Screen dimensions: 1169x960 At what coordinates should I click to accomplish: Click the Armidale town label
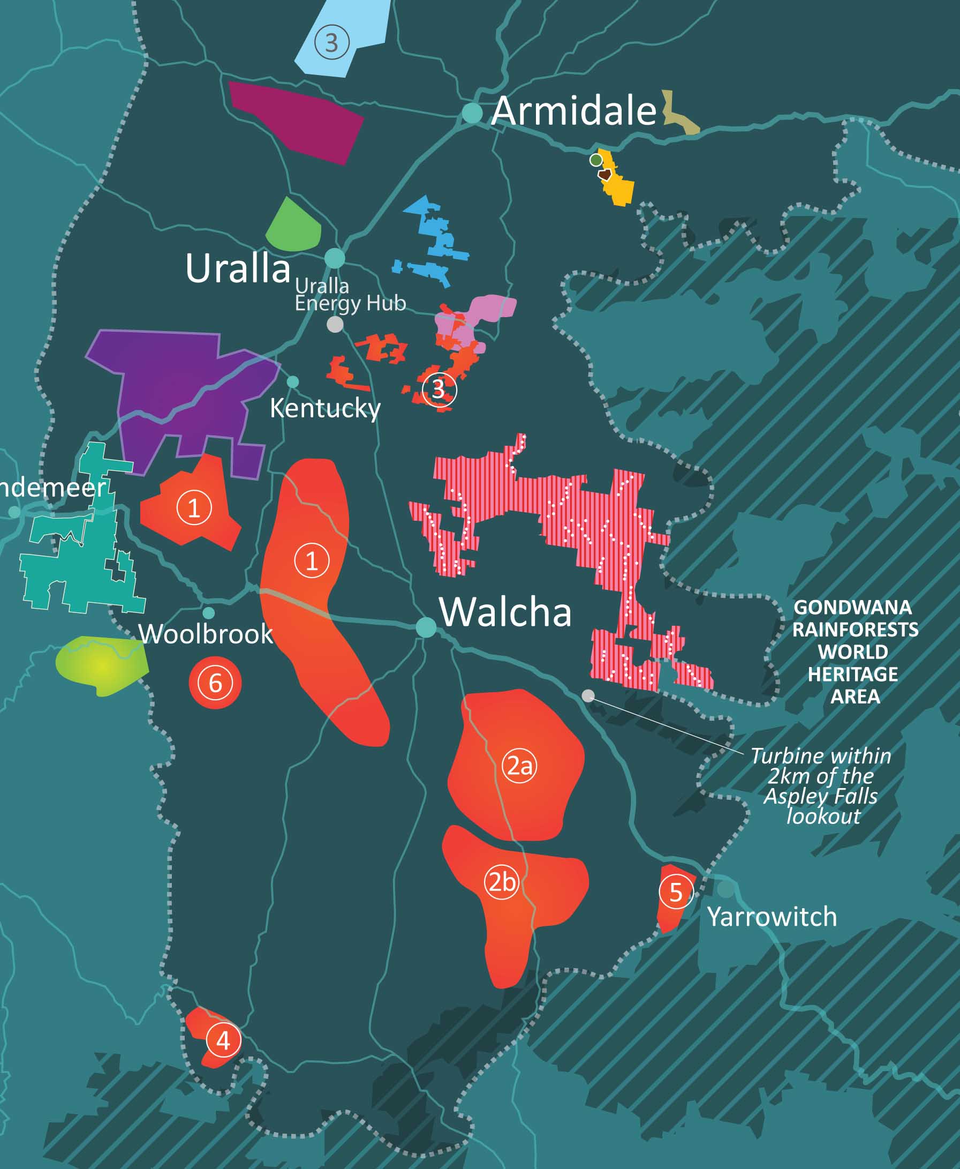573,111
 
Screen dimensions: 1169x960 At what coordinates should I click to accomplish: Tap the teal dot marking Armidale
472,113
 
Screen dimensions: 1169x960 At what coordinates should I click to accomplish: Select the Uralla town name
238,268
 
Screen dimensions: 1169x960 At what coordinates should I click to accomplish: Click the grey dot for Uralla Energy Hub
335,324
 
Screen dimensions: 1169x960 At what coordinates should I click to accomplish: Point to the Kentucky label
325,408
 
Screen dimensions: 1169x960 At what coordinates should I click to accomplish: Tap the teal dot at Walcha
426,627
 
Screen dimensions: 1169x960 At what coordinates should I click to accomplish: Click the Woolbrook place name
205,634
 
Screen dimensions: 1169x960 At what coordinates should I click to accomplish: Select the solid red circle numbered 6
215,683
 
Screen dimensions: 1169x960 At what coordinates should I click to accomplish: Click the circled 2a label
519,766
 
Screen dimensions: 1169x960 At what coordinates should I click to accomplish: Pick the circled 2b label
502,882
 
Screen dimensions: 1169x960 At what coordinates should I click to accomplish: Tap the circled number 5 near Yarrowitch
676,893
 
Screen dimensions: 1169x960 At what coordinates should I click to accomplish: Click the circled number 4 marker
223,1040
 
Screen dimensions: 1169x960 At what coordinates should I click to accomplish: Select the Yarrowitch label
772,917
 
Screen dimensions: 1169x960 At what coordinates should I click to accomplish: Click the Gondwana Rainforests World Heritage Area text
855,651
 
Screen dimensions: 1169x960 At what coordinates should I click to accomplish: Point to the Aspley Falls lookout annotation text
821,785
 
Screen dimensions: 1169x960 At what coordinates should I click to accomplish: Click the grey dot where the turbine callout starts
588,695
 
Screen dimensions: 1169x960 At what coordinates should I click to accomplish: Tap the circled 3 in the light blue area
332,43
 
